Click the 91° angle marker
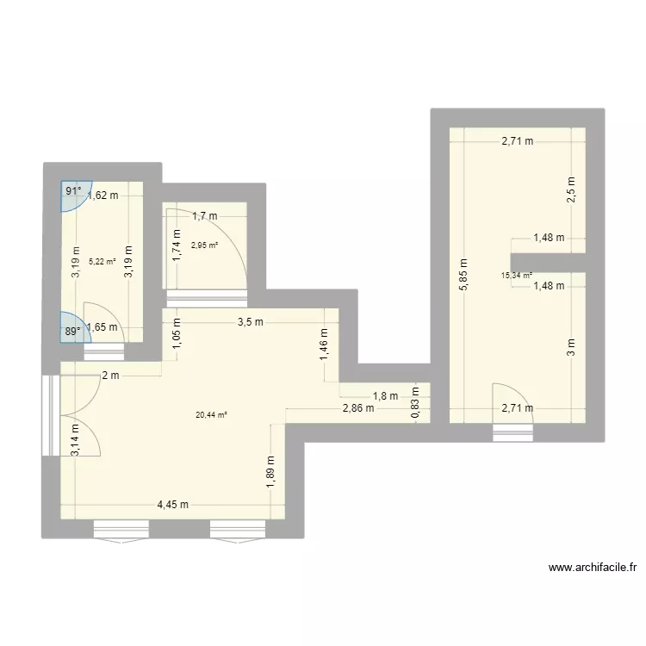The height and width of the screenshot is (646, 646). pyautogui.click(x=73, y=192)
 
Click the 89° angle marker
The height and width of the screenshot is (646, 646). pyautogui.click(x=72, y=329)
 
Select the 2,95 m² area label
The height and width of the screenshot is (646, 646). pyautogui.click(x=204, y=245)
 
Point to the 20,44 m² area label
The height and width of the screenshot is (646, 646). pyautogui.click(x=211, y=415)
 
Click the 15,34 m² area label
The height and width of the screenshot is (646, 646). pyautogui.click(x=516, y=276)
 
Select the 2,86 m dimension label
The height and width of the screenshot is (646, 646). pyautogui.click(x=357, y=408)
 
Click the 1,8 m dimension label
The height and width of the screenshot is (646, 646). pyautogui.click(x=385, y=396)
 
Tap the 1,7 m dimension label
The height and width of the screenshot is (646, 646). pyautogui.click(x=205, y=216)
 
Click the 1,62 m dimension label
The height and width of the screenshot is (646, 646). pyautogui.click(x=102, y=196)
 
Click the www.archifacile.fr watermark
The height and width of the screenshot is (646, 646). pyautogui.click(x=593, y=568)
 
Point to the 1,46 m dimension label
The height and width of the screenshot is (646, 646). pyautogui.click(x=324, y=345)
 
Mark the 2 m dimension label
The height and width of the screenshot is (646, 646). pyautogui.click(x=109, y=376)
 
